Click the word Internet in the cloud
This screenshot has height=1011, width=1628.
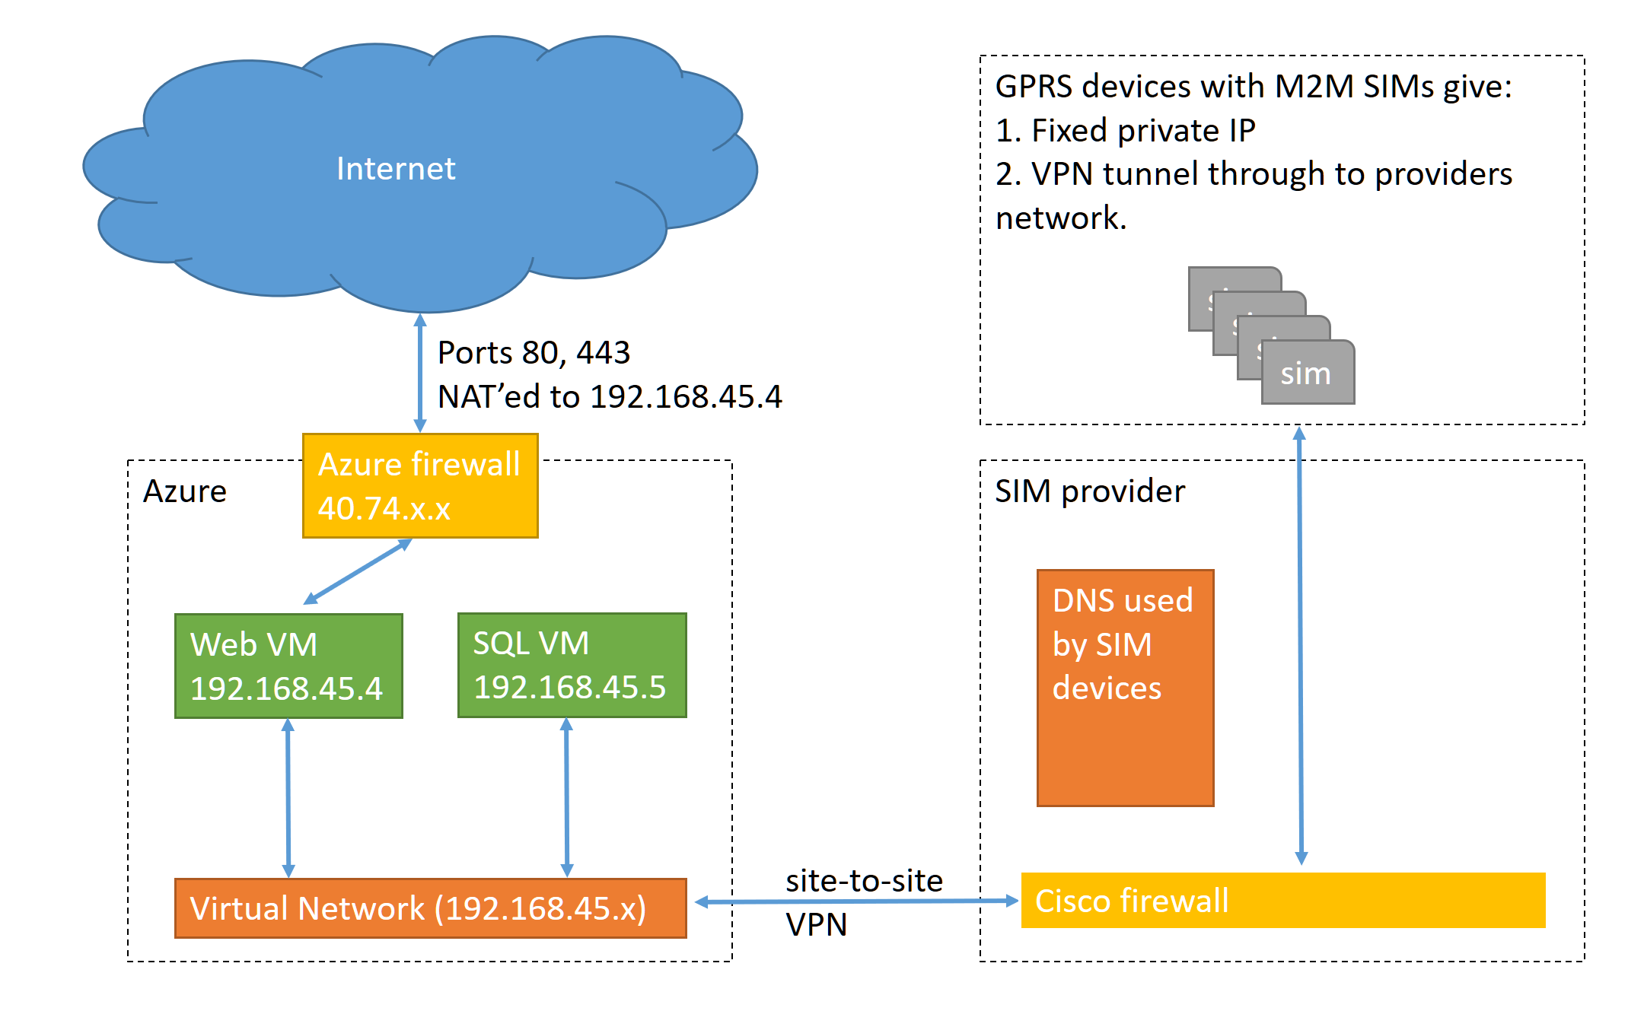(x=396, y=168)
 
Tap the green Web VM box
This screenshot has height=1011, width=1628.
(x=288, y=666)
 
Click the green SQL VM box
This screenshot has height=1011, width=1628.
(x=572, y=665)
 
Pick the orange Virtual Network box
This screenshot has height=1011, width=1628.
(x=430, y=908)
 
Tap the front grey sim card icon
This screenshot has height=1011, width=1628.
(x=1308, y=374)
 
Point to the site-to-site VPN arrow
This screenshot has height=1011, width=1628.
(x=856, y=902)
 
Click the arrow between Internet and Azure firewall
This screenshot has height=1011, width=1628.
(x=420, y=373)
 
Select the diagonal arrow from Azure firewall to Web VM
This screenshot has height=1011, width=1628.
(x=358, y=572)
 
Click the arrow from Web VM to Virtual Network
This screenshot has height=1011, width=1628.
(x=288, y=797)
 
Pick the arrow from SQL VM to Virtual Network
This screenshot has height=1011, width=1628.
(x=567, y=797)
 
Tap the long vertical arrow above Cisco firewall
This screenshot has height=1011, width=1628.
(x=1301, y=647)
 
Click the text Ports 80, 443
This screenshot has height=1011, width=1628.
(x=534, y=353)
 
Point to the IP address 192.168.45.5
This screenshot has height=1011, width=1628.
(x=569, y=688)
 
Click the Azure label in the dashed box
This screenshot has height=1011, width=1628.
(x=185, y=491)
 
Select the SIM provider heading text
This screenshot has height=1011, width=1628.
(x=1090, y=491)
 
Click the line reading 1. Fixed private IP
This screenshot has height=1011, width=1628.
(x=1125, y=131)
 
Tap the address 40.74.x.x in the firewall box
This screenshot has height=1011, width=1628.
(x=384, y=509)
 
